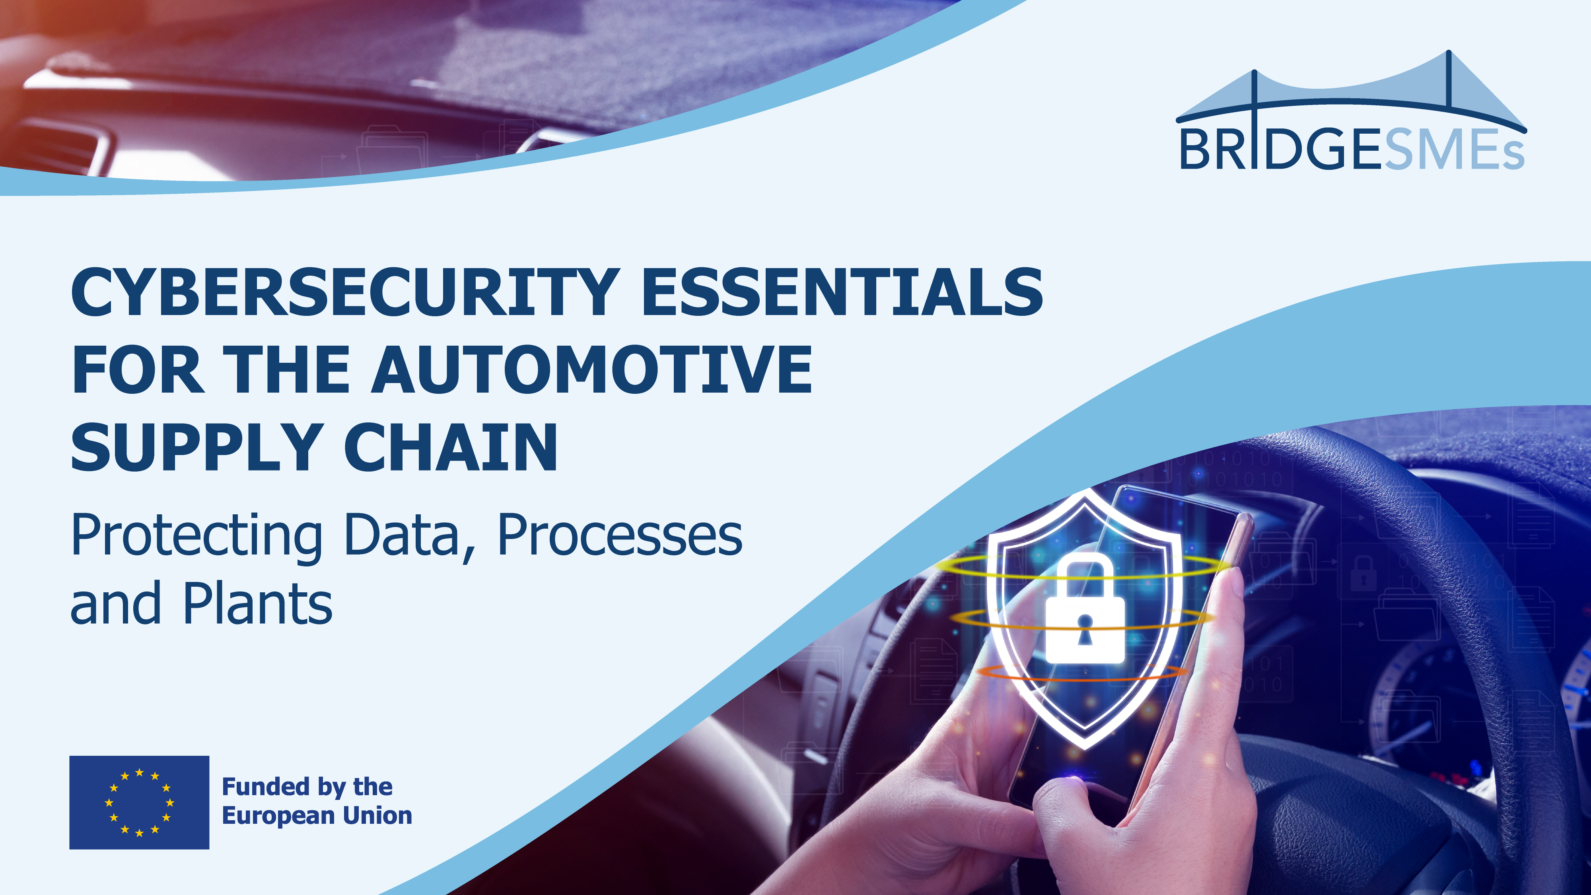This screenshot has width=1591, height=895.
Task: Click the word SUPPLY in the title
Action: coord(196,448)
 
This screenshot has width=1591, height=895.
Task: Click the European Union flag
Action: coord(139,802)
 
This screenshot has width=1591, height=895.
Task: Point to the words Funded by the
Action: coord(307,787)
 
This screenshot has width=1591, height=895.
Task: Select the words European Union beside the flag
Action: coord(317,816)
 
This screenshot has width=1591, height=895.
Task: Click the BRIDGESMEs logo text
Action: coord(1352,150)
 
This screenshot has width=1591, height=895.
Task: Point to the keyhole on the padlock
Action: coord(1085,629)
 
